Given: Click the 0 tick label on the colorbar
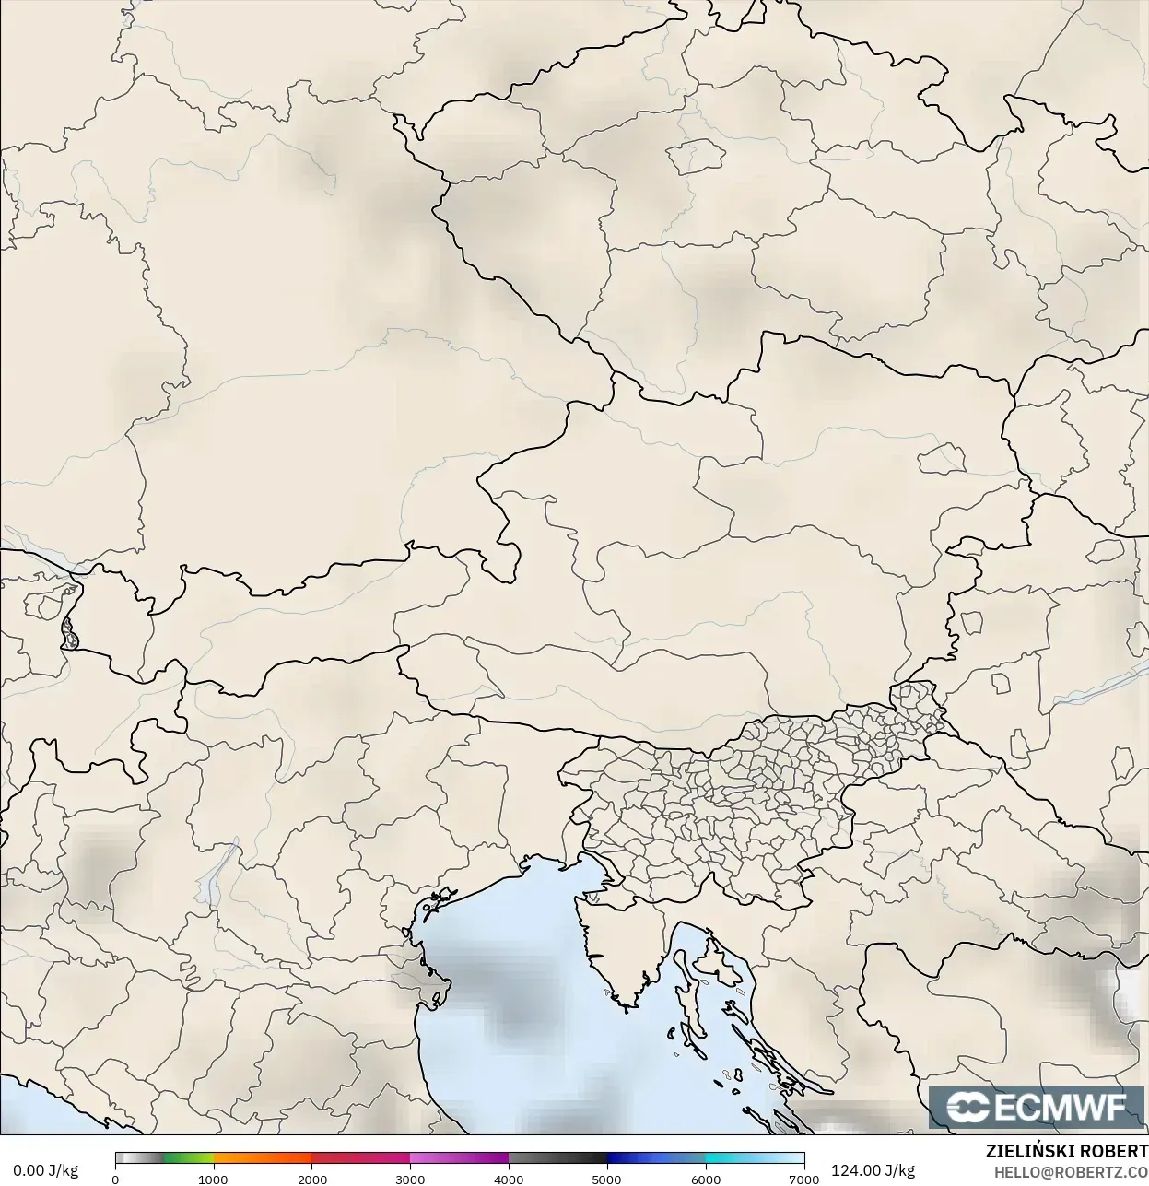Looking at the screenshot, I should click(x=115, y=1179).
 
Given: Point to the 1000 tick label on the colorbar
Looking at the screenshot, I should click(x=213, y=1179).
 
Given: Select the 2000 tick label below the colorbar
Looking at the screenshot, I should click(x=311, y=1179).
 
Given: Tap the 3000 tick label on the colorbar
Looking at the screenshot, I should click(x=410, y=1179).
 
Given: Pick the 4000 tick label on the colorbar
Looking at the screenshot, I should click(x=509, y=1179).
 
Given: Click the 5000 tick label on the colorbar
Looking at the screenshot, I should click(x=606, y=1179).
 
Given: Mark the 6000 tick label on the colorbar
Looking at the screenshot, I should click(x=705, y=1179).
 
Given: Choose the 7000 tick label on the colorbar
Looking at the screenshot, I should click(x=803, y=1179).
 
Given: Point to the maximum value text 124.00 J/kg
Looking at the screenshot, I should click(x=873, y=1170).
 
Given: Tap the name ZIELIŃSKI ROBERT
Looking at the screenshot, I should click(x=1066, y=1151).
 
